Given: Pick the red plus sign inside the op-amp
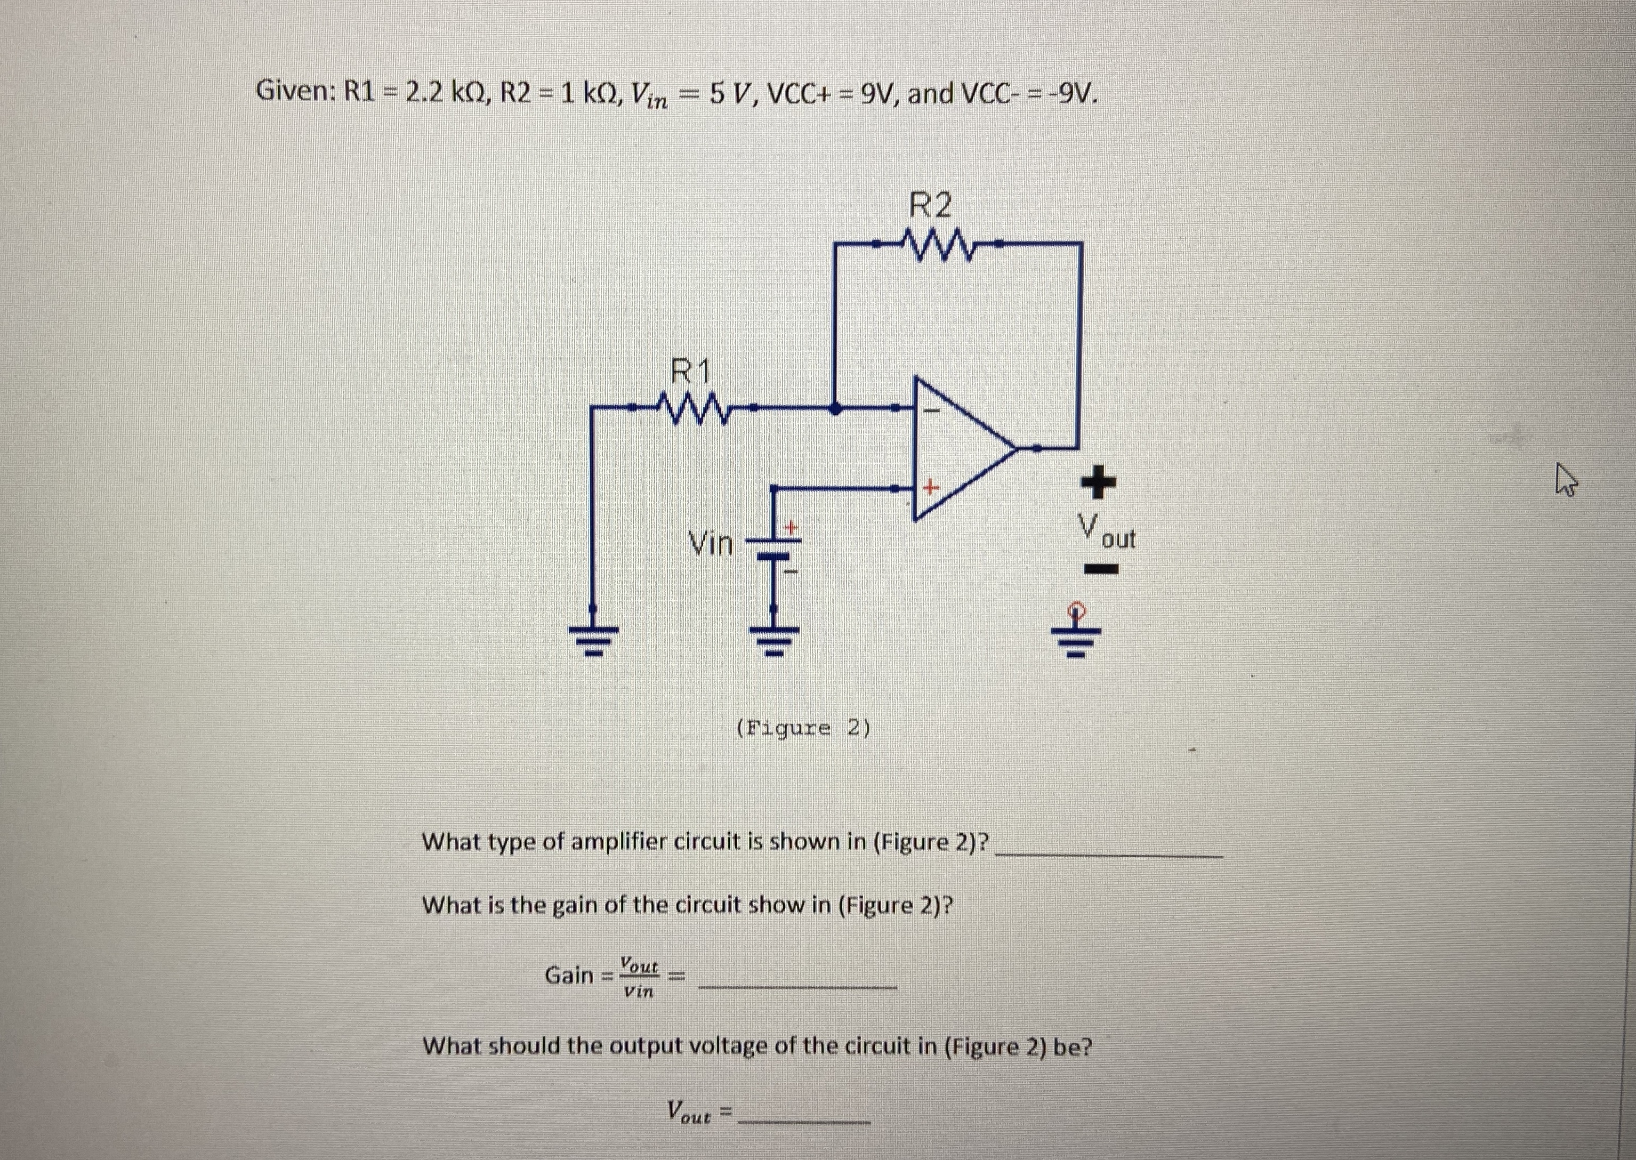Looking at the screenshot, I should (x=929, y=488).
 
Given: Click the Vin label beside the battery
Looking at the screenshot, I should (x=711, y=545).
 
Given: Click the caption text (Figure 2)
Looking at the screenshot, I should (x=803, y=729).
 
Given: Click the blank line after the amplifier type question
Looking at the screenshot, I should (x=1108, y=855).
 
